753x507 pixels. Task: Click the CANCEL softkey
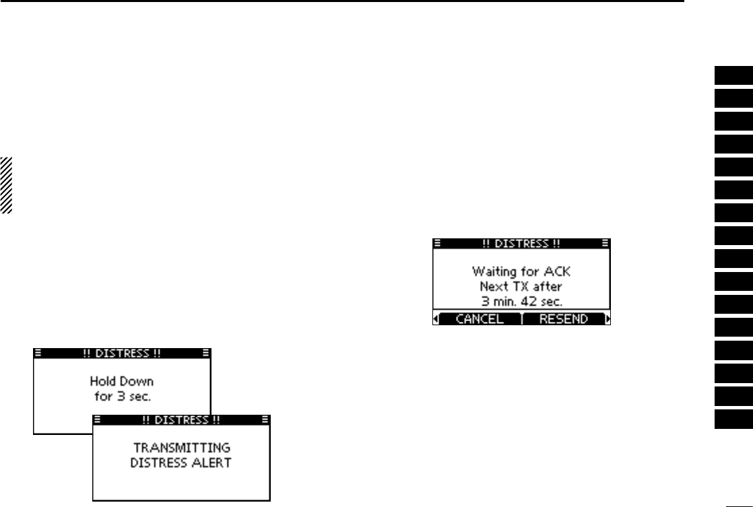click(480, 319)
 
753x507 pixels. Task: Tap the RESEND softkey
click(563, 319)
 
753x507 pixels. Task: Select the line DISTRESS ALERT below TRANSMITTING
click(182, 461)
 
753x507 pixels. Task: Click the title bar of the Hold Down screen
click(123, 352)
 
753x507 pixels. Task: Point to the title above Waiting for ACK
click(521, 243)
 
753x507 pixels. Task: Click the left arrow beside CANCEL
click(436, 320)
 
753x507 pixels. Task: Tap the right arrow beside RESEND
click(608, 320)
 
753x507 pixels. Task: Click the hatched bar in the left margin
click(6, 185)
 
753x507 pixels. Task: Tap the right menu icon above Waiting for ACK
click(605, 243)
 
